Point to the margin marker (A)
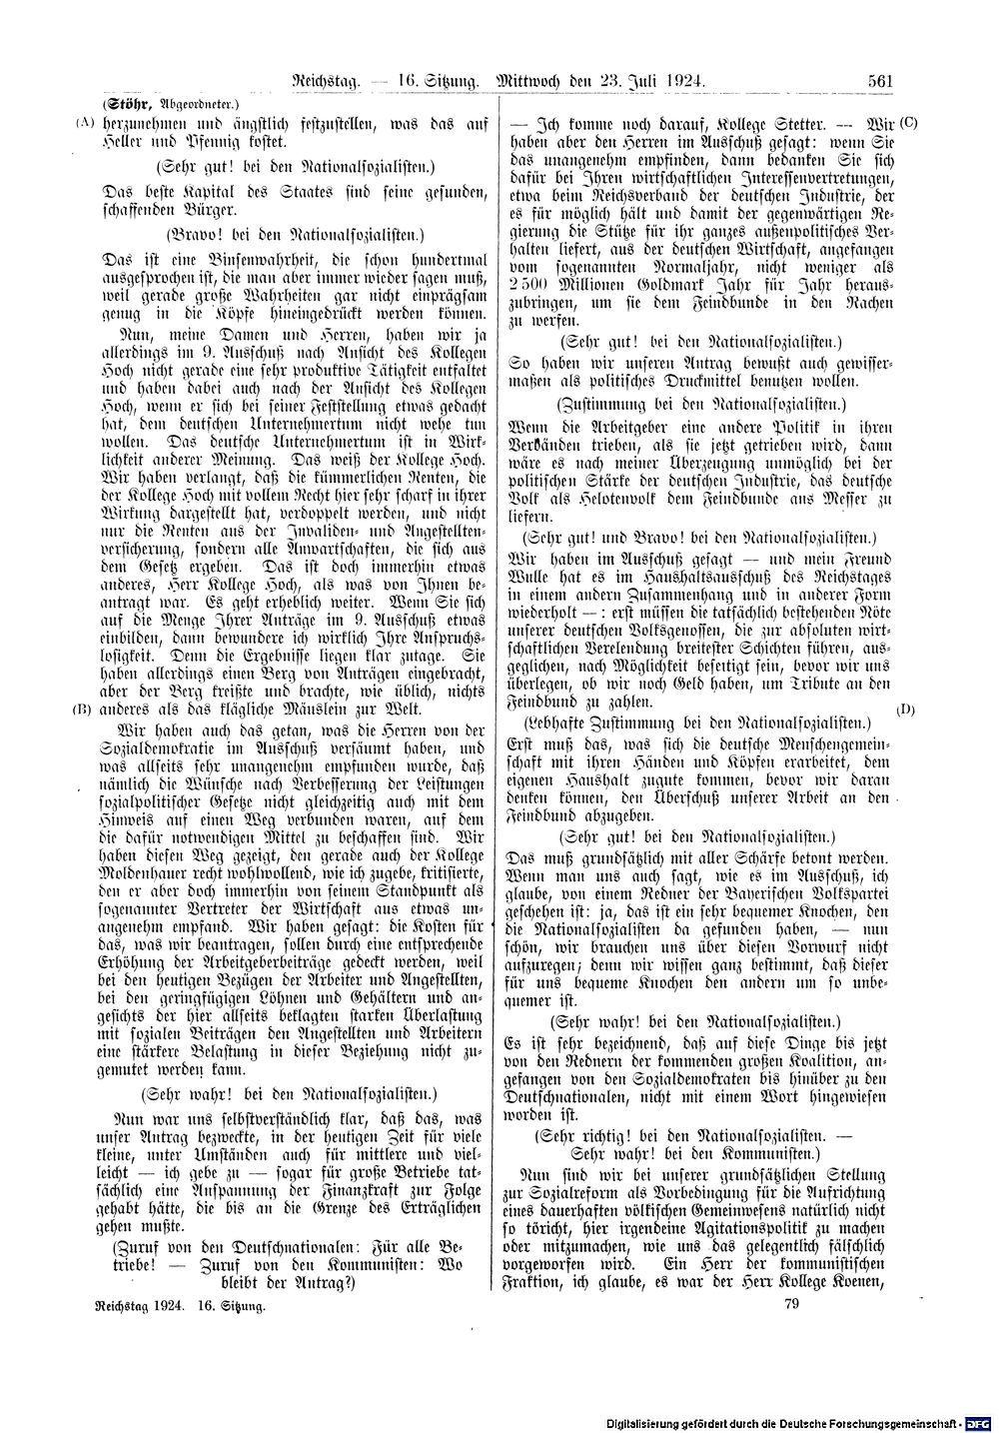(x=82, y=123)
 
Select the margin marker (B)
(x=82, y=710)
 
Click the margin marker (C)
(x=907, y=123)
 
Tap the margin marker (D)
(x=906, y=710)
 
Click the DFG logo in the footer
(x=981, y=1420)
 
